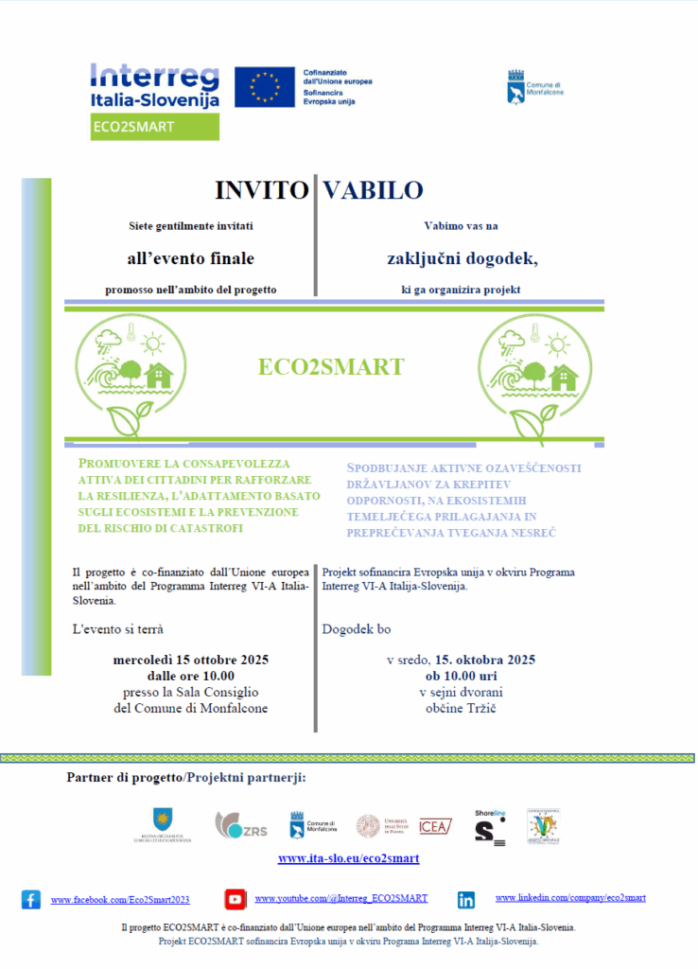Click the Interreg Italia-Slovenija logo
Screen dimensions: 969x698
coord(155,86)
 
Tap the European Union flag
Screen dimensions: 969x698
coord(264,87)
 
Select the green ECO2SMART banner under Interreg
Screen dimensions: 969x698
coord(155,127)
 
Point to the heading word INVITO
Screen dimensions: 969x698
coord(261,190)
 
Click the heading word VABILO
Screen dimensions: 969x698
coord(373,190)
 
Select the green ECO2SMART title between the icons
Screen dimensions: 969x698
coord(331,367)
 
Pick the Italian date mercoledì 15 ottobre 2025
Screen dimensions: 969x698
coord(191,660)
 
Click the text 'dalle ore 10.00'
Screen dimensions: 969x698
coord(191,676)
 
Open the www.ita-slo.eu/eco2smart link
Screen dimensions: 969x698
coord(348,858)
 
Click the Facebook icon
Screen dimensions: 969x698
coord(31,900)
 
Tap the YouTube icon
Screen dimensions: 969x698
coord(236,899)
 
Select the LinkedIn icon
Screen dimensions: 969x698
coord(466,900)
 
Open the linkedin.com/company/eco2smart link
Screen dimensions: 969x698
coord(570,897)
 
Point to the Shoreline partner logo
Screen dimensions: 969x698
coord(490,826)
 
